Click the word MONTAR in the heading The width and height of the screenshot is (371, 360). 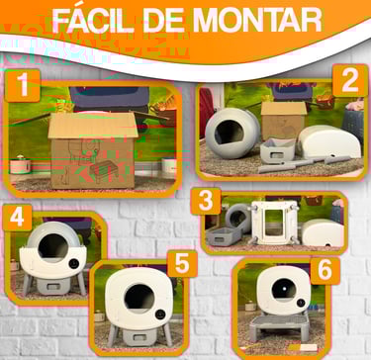pos(256,21)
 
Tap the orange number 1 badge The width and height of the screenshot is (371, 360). pos(23,85)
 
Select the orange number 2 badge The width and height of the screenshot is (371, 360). pos(350,80)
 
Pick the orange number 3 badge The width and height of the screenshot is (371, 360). pos(206,201)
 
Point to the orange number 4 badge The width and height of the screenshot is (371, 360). pos(18,218)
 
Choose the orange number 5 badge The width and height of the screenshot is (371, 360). pos(182,263)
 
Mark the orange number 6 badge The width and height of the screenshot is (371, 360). pos(325,271)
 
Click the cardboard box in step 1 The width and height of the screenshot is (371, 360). pos(93,150)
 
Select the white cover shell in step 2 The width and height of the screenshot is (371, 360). pos(330,141)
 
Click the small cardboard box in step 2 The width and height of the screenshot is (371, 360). pos(284,120)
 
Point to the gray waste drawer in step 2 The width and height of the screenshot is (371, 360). pos(277,150)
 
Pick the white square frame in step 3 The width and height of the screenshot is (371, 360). pos(274,223)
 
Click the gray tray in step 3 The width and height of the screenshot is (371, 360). pos(224,235)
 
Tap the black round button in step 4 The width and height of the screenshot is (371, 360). pos(74,263)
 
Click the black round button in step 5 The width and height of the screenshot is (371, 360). pos(160,315)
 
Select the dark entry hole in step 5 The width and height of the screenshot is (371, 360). pos(139,299)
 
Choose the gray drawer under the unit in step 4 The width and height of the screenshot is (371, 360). pos(53,286)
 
